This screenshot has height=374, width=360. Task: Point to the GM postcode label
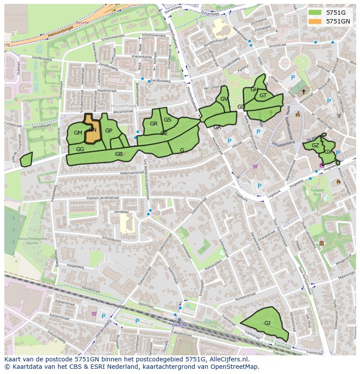78,132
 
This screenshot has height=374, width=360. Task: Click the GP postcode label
109,131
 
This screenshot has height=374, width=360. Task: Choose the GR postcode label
153,124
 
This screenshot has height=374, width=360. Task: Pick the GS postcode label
167,120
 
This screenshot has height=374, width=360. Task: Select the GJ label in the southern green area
267,323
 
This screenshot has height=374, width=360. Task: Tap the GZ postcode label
315,146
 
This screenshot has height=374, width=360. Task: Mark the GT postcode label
263,96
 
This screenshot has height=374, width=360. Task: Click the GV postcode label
224,99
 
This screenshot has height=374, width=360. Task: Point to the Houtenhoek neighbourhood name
123,106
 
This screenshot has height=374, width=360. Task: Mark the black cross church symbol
303,91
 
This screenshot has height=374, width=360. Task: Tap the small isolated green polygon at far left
26,159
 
